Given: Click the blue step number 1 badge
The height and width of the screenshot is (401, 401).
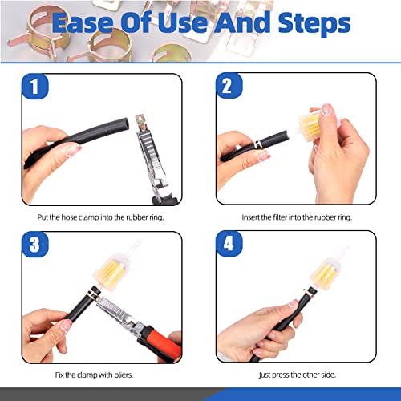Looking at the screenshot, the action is pos(34,87).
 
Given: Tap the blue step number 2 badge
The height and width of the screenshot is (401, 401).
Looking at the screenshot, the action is pos(229,86).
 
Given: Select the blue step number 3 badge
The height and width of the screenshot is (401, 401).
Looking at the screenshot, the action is pos(34,245).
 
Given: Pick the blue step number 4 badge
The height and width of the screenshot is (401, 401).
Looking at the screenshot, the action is pos(229,244).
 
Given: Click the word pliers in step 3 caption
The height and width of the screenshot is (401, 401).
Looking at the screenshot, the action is pos(124,375).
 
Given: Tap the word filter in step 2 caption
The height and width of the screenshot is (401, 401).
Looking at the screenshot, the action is pos(280,217).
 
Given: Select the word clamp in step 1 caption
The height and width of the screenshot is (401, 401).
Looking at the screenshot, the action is pos(88,217).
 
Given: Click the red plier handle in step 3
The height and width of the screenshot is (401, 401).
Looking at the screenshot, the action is pos(160,343).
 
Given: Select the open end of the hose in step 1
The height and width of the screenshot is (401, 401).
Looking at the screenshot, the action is pos(126,124).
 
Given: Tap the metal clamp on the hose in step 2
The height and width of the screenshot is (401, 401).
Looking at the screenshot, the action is pos(258,144).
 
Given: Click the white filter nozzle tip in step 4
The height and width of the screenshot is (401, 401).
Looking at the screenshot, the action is pos(346,249).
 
